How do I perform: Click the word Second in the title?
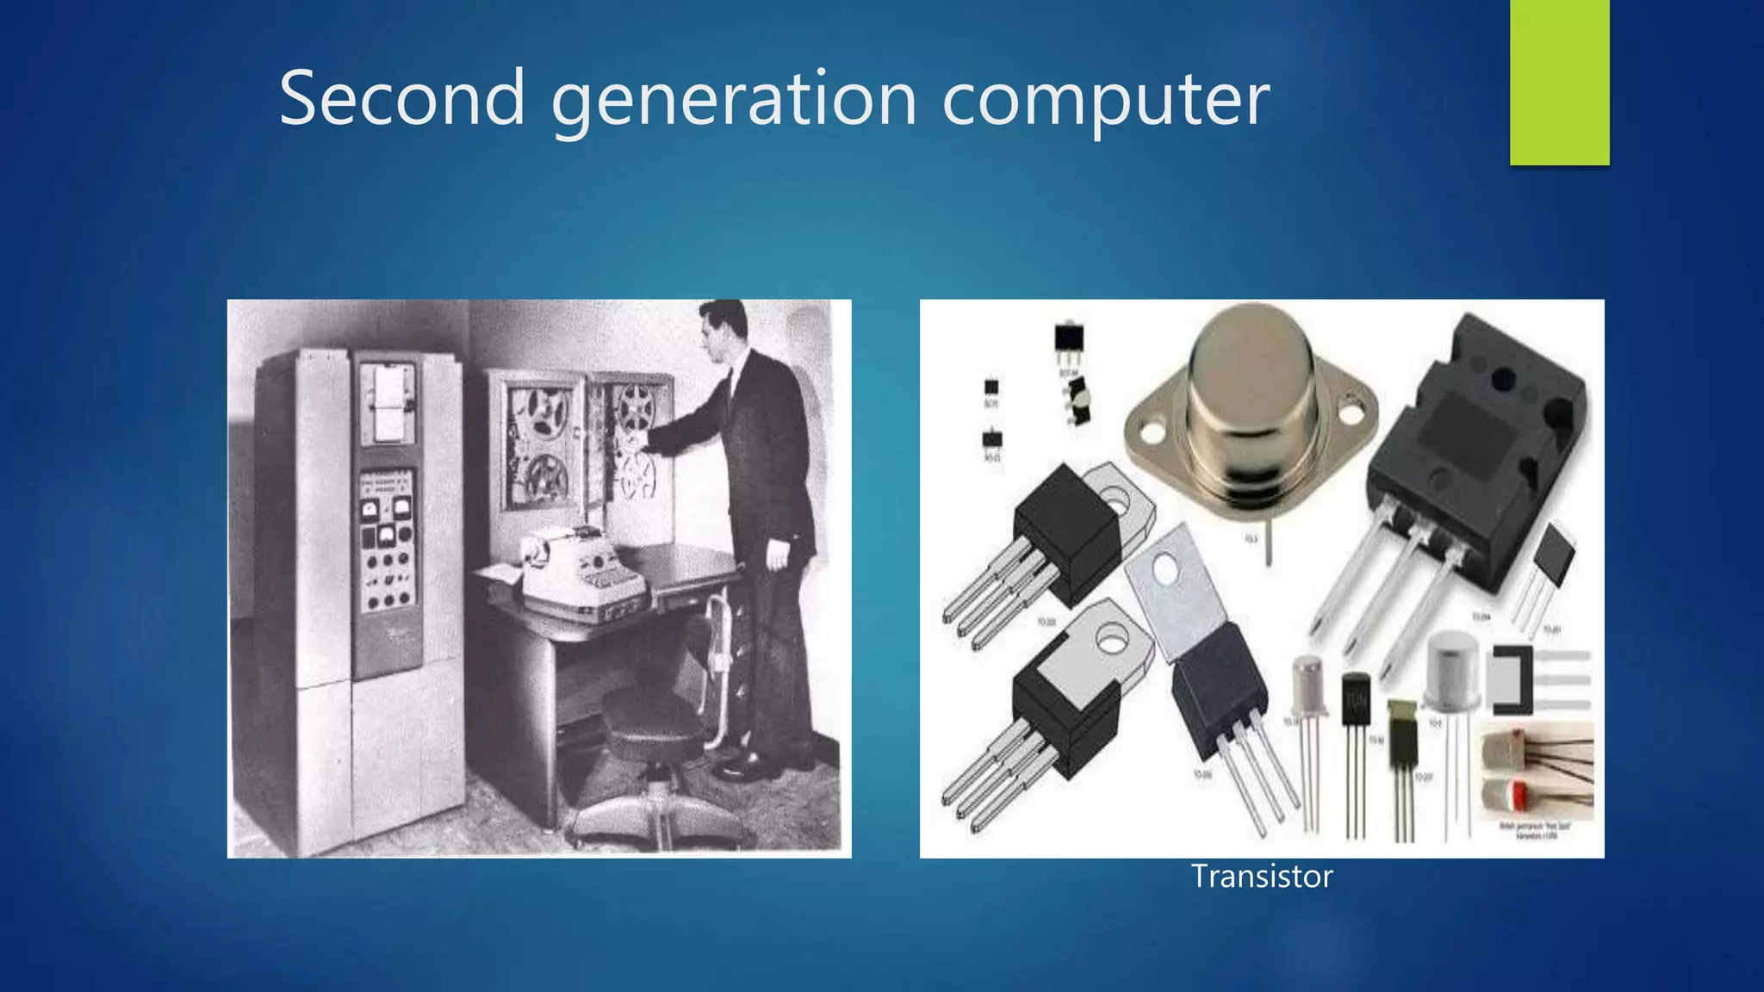click(x=401, y=98)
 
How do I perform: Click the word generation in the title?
click(x=734, y=100)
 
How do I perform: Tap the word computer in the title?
click(x=1105, y=100)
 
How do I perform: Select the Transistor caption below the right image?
click(x=1261, y=876)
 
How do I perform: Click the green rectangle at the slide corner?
click(x=1559, y=82)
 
